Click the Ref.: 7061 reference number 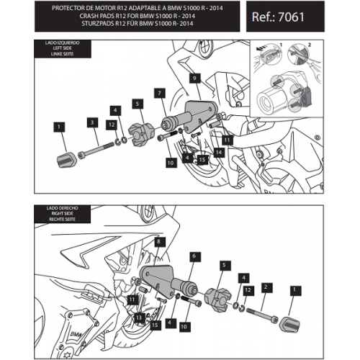point(278,17)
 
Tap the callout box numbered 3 point(92,122)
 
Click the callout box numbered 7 point(160,93)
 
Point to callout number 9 point(194,78)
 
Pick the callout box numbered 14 point(219,152)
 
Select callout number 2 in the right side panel point(266,287)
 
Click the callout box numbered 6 point(194,256)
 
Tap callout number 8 point(158,241)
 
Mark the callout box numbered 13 point(139,318)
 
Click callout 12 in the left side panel point(112,125)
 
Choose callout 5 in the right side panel point(224,265)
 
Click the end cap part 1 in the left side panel point(67,161)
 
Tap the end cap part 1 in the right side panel point(289,324)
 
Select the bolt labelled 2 point(262,315)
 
